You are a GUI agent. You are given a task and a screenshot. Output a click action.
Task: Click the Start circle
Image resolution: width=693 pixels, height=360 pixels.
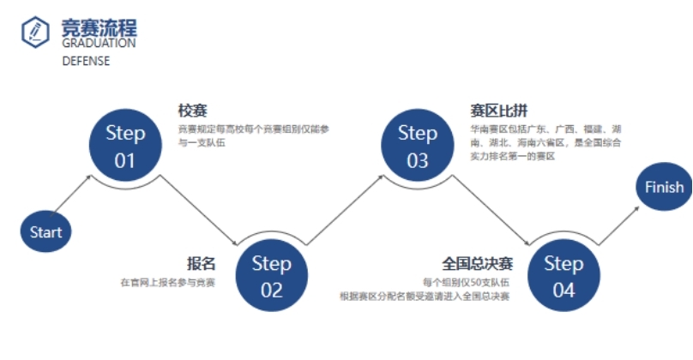(x=46, y=231)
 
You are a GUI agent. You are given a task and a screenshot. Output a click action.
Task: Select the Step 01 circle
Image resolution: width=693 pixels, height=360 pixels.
(x=125, y=147)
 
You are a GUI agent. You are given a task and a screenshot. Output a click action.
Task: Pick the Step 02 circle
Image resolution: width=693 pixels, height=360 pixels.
(x=271, y=276)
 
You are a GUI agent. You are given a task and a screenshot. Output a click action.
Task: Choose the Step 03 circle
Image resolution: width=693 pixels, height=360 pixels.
(x=418, y=147)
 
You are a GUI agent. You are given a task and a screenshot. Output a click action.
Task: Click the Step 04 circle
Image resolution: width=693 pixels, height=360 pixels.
(x=563, y=276)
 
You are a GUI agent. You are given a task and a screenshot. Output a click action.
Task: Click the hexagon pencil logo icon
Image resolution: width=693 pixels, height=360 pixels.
(x=35, y=32)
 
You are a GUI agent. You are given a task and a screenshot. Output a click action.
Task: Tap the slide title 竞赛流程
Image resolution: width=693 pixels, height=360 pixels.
(x=99, y=28)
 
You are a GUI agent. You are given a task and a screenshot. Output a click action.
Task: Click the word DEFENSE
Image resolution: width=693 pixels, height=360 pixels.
(x=86, y=62)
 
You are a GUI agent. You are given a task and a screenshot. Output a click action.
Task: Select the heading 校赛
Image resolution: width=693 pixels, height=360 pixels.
(x=193, y=111)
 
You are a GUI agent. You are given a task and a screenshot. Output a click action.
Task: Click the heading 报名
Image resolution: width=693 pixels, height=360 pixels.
(x=201, y=263)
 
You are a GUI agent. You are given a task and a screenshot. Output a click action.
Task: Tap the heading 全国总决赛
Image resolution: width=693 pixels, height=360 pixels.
(x=478, y=263)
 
